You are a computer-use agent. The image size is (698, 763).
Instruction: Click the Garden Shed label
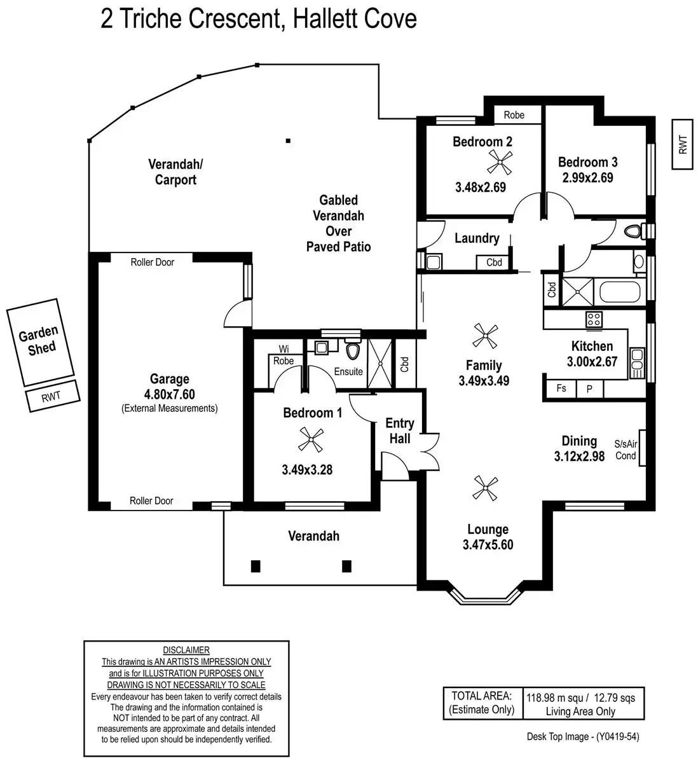click(38, 340)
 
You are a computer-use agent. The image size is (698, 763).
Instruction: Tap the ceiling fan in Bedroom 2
click(499, 164)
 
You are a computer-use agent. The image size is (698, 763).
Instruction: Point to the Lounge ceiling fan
click(485, 488)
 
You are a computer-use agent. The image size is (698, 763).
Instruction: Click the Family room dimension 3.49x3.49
click(484, 381)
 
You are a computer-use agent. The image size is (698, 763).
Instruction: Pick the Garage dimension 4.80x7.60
click(169, 394)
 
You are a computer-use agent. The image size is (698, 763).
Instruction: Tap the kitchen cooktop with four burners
click(594, 319)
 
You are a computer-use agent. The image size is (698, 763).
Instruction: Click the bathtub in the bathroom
click(620, 292)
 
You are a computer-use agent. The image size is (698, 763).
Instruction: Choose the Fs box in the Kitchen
click(561, 388)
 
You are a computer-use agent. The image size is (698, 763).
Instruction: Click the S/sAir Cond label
click(626, 450)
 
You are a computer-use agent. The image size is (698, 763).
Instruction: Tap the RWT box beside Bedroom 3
click(683, 144)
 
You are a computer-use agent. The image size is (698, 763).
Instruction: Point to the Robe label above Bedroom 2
click(514, 115)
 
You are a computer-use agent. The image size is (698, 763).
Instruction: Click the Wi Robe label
click(284, 355)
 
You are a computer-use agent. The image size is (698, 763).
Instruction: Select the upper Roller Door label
click(152, 262)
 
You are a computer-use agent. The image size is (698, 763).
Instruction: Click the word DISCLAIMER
click(186, 650)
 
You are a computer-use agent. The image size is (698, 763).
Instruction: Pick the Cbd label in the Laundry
click(494, 263)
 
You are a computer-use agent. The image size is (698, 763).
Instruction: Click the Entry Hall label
click(399, 430)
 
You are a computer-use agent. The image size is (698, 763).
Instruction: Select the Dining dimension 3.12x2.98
click(579, 456)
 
